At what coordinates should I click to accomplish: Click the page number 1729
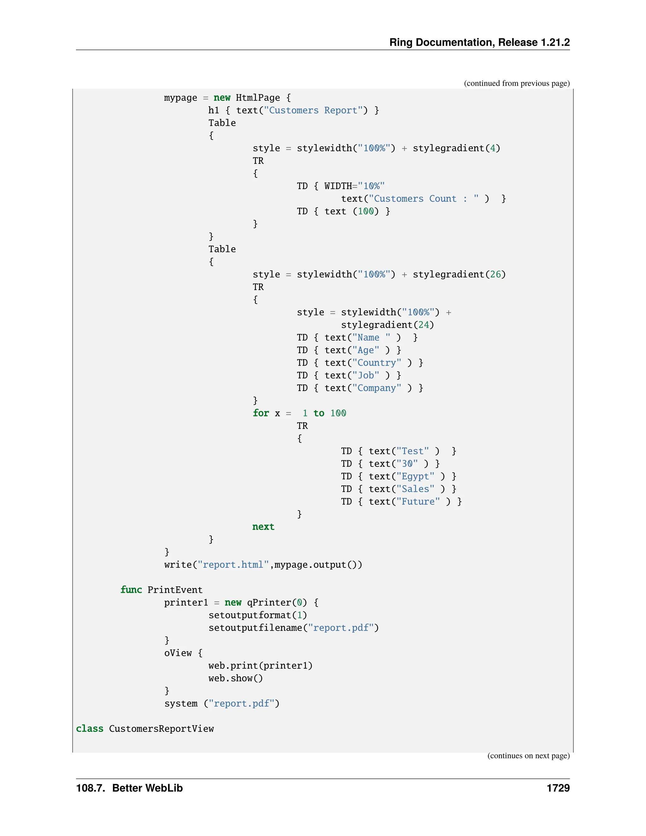click(558, 788)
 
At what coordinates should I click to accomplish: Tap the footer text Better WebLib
click(147, 788)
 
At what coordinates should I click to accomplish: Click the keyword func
click(131, 590)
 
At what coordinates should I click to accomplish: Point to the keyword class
click(90, 728)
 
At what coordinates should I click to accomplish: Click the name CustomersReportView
click(161, 728)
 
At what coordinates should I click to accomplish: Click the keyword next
click(263, 527)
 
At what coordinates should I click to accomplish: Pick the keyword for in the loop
click(261, 413)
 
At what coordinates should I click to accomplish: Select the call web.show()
click(235, 678)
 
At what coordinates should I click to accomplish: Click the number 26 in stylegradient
click(495, 274)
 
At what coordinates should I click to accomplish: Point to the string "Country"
click(377, 362)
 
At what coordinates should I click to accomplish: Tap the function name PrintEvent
click(175, 590)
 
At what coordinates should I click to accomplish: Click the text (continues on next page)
click(528, 755)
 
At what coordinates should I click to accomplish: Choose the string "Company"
click(377, 388)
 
